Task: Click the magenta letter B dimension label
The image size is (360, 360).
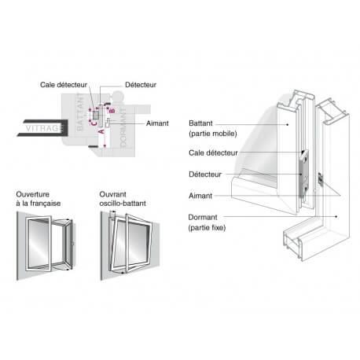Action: [112, 111]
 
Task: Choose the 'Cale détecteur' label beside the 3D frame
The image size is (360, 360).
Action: [215, 152]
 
